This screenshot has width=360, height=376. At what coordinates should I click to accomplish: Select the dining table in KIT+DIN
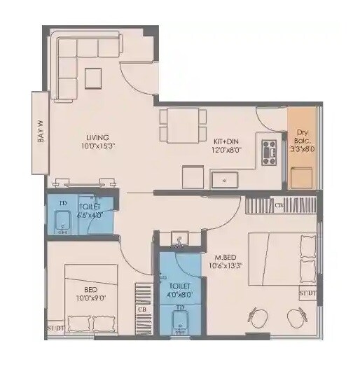click(x=182, y=125)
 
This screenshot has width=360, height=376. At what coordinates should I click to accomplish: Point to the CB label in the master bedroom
click(x=278, y=205)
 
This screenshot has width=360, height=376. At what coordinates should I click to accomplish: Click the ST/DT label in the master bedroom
click(x=307, y=293)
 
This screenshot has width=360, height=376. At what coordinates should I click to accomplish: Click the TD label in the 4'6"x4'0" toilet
click(x=63, y=203)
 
